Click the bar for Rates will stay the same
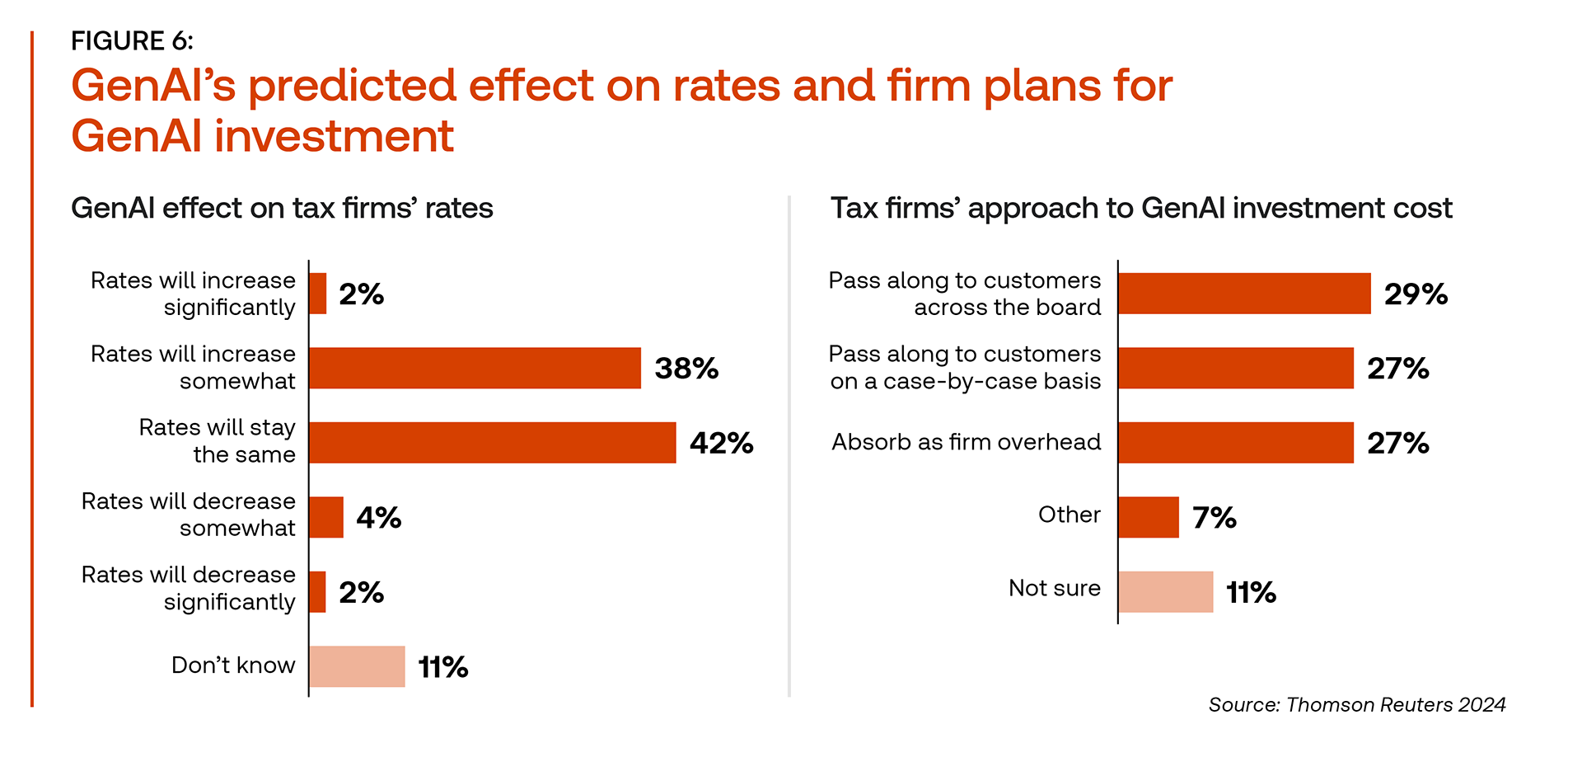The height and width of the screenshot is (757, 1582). click(493, 443)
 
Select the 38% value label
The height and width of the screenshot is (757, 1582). click(686, 369)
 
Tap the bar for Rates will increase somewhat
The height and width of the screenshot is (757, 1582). click(475, 368)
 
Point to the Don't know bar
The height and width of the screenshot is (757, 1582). click(358, 666)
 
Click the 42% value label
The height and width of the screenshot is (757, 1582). click(721, 444)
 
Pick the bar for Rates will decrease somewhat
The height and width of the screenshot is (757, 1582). click(326, 517)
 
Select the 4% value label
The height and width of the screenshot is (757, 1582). click(378, 518)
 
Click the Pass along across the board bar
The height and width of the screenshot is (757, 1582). click(1244, 294)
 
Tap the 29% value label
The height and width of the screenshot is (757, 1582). click(1416, 294)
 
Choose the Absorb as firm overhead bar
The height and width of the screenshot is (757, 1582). click(1236, 443)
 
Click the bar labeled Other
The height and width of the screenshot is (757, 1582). click(1149, 517)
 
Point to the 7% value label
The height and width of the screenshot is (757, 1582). click(1215, 518)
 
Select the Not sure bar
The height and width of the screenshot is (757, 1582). click(1166, 592)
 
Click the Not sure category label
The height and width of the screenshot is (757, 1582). click(1055, 588)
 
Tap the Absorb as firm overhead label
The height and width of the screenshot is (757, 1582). click(966, 442)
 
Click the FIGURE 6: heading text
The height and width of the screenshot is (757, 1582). click(132, 40)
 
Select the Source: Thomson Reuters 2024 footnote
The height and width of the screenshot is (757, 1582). click(1356, 705)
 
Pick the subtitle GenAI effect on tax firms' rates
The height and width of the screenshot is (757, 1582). click(282, 208)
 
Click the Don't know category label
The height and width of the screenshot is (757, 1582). click(233, 665)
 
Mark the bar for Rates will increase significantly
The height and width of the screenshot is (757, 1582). click(318, 294)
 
